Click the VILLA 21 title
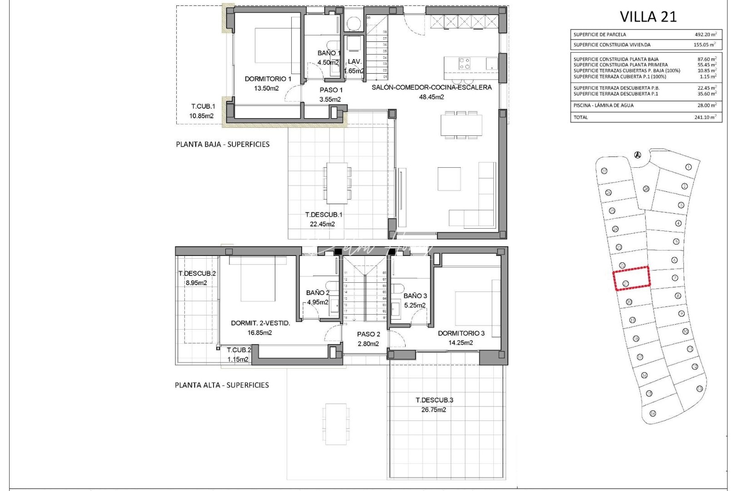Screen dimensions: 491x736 648,17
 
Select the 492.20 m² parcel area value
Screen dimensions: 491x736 706,35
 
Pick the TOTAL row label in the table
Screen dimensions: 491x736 581,117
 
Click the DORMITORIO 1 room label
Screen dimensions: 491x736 268,79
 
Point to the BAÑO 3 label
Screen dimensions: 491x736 415,296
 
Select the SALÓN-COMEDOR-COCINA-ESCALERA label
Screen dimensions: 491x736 431,87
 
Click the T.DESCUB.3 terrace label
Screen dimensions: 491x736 434,400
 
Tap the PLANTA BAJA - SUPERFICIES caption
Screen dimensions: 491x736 223,145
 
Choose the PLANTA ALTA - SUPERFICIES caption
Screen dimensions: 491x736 222,385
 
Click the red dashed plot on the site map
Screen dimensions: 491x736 632,278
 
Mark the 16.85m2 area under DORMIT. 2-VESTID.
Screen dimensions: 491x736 259,333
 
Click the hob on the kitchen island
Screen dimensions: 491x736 464,64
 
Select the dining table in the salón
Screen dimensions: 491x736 461,125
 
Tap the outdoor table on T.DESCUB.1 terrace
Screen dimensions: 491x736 337,183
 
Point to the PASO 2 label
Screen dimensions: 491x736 368,334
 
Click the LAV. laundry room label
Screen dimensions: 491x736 354,62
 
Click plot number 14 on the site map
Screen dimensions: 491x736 653,414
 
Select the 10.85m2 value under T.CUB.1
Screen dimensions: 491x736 201,116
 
